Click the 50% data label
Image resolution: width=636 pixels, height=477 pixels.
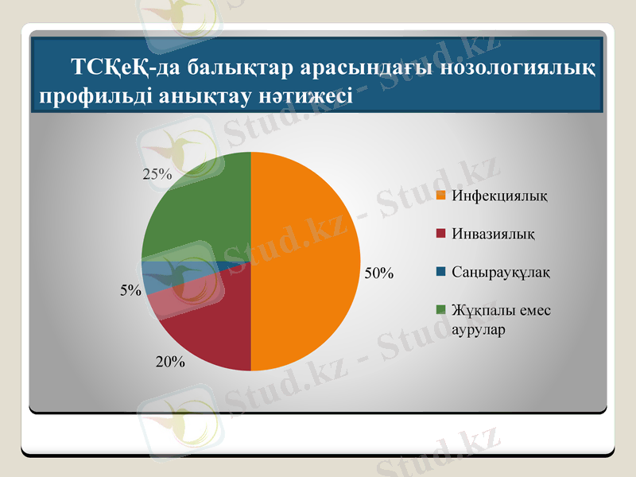[x=379, y=273]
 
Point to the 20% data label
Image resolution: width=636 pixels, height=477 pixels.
[x=170, y=363]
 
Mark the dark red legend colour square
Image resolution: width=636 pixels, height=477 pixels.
[x=442, y=235]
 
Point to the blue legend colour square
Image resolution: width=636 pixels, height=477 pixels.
[x=442, y=273]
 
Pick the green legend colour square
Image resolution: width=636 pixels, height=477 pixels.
[x=442, y=310]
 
